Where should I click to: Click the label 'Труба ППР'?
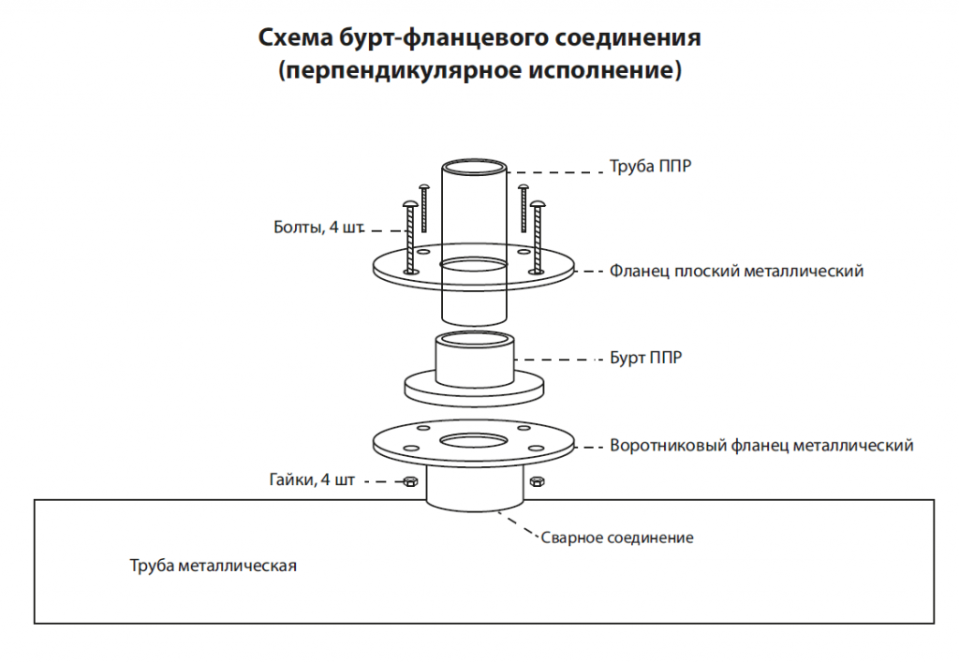[650, 167]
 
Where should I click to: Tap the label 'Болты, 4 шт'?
[318, 228]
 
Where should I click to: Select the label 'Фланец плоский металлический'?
[736, 271]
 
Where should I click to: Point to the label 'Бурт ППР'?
[645, 358]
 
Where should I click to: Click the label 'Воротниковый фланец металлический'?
[761, 445]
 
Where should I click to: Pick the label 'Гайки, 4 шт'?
[312, 479]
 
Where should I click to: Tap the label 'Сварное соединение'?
[617, 538]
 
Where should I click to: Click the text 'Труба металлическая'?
[213, 566]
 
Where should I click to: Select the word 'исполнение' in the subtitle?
[600, 69]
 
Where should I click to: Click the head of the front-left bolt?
[410, 203]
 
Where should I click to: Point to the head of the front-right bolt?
[537, 203]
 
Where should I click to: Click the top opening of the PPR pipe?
[474, 167]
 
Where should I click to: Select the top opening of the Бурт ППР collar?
[474, 339]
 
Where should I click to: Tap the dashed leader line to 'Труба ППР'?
[555, 172]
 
